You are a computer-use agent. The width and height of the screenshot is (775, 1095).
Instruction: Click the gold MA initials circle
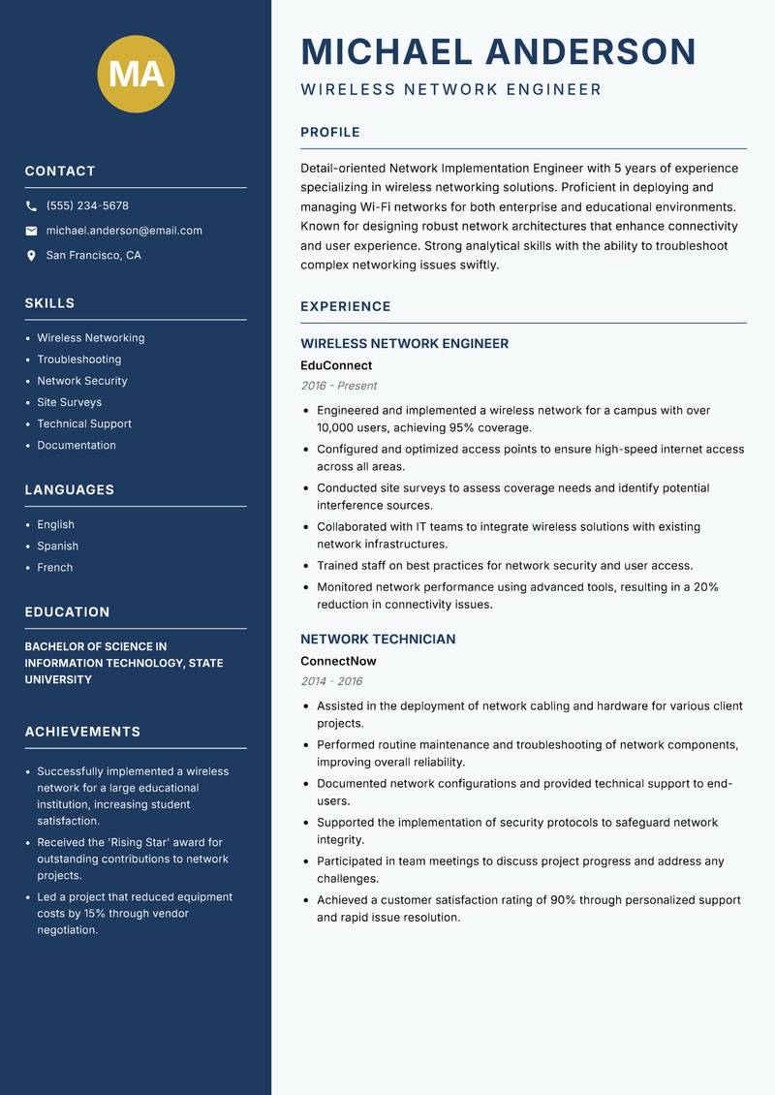(137, 74)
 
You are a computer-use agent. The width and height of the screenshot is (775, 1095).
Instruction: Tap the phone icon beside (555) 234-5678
(31, 206)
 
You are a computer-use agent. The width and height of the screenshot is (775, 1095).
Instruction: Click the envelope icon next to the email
(31, 231)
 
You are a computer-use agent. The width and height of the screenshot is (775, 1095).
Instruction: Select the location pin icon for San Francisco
(31, 256)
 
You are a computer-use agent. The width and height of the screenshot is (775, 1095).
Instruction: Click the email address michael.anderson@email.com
(124, 231)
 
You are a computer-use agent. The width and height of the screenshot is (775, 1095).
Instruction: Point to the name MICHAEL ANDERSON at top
(499, 51)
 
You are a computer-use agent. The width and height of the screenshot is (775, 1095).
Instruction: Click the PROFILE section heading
(330, 133)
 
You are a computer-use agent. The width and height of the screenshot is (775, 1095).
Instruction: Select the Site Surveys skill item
(69, 402)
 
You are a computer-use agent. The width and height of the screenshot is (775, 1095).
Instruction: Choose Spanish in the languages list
(57, 546)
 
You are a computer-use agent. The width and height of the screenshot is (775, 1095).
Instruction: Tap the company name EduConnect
(336, 365)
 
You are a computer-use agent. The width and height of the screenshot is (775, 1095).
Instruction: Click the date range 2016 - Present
(338, 386)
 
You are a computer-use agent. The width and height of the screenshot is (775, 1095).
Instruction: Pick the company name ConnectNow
(338, 661)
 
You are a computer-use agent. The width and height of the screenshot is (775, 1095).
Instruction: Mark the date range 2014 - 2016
(331, 681)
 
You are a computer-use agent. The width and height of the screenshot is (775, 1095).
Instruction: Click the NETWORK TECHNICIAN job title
(378, 640)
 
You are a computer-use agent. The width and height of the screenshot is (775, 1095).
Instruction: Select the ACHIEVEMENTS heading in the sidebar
(82, 732)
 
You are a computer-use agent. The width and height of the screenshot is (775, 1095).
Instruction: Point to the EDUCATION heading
(67, 612)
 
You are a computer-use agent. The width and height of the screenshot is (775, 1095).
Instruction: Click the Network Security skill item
(82, 381)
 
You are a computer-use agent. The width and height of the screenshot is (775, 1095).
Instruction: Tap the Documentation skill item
(77, 445)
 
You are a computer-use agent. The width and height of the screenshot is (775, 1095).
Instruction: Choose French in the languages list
(54, 567)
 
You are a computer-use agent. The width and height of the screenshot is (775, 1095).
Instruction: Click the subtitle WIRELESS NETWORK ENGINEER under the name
(451, 90)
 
